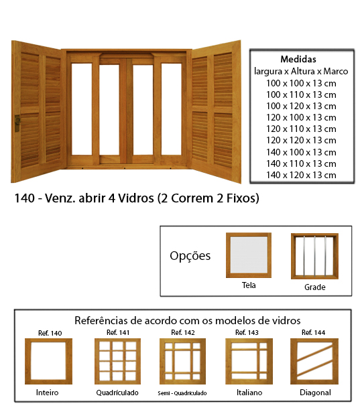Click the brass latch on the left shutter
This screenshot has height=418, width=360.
[17, 123]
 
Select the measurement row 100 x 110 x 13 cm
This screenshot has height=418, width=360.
[301, 94]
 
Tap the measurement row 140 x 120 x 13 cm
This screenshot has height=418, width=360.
[301, 175]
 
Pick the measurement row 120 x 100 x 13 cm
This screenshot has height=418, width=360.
[301, 118]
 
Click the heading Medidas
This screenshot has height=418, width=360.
[298, 59]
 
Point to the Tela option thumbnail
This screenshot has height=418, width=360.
[249, 255]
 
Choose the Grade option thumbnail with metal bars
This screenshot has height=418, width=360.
[314, 256]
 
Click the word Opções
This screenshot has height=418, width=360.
[190, 256]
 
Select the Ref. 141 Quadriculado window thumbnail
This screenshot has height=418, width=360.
[118, 361]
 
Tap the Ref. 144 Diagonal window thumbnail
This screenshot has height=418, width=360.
[314, 361]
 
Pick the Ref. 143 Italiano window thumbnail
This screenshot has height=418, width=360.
[249, 361]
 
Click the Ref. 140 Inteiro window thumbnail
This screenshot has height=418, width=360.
[48, 361]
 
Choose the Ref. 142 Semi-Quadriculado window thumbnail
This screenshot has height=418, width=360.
[182, 361]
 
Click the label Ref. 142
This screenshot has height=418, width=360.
[183, 332]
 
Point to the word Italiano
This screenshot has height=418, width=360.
[249, 393]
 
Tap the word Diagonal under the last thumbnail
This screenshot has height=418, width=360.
[315, 393]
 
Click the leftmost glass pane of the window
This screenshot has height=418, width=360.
[82, 109]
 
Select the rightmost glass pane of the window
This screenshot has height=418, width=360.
[172, 109]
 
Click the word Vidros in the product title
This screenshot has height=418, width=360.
[136, 198]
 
